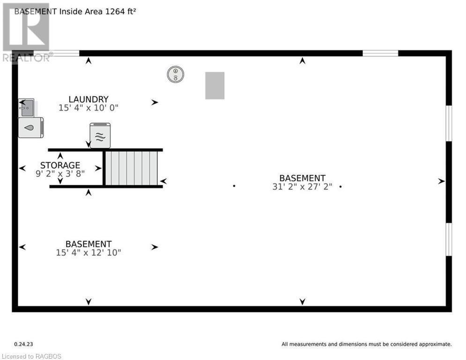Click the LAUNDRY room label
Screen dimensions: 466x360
89,99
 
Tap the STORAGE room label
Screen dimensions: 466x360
60,165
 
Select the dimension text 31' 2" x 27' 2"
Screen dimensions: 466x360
302,187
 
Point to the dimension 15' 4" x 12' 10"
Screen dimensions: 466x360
89,253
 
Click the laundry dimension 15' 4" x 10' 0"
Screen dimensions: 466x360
89,108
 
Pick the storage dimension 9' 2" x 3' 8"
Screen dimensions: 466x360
60,174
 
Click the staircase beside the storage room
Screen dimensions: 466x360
131,168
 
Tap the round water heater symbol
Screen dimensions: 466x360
175,75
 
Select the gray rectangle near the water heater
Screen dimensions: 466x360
215,85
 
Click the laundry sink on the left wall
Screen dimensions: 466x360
27,108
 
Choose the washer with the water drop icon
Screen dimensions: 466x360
31,127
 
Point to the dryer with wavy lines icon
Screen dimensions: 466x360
100,135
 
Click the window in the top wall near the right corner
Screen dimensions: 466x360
380,53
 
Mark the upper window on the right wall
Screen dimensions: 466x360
449,123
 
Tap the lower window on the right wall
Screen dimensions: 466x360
449,239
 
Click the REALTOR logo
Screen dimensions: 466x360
26,33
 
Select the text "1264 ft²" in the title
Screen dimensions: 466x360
121,12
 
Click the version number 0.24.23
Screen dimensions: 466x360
23,344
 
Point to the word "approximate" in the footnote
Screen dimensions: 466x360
435,345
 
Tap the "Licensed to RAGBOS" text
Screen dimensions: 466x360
31,356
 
